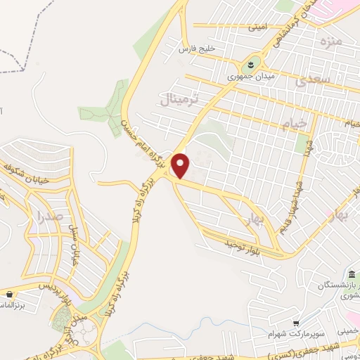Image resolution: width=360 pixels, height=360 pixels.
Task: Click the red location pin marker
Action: click(181, 165)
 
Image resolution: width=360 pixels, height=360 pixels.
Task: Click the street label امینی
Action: click(257, 27)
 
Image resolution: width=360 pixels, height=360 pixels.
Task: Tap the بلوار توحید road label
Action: click(229, 243)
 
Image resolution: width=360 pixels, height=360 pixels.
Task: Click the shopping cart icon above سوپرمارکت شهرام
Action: click(296, 321)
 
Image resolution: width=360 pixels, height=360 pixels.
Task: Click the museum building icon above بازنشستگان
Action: click(352, 274)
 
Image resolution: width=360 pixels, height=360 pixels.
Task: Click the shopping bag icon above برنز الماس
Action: click(10, 294)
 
